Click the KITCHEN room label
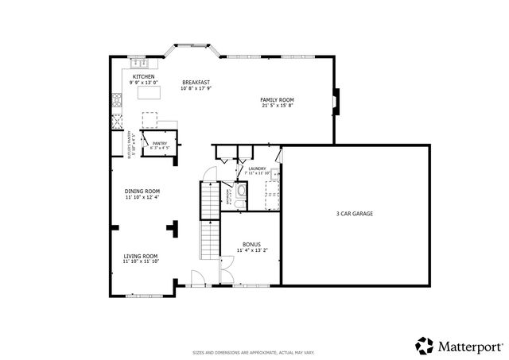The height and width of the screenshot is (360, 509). [x=144, y=76]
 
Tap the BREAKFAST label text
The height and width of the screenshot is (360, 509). [x=195, y=82]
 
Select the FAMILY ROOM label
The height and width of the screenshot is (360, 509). [x=277, y=99]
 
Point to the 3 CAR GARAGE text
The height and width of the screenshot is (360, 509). [x=355, y=213]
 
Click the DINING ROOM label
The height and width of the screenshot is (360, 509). [x=142, y=191]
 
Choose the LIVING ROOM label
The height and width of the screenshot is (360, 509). [x=142, y=256]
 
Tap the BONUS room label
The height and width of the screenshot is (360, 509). [x=251, y=244]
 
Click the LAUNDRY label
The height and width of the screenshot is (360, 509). [x=257, y=168]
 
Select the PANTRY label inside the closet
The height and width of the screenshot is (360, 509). [x=159, y=144]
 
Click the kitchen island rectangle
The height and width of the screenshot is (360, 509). [x=149, y=93]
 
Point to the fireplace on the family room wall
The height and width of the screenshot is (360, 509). [x=336, y=102]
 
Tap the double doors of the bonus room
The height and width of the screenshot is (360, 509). [x=227, y=276]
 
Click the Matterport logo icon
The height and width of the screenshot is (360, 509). [x=424, y=345]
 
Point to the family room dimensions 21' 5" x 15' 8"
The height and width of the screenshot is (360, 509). [x=277, y=106]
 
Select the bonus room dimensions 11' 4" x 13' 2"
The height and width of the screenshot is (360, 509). [x=251, y=250]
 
